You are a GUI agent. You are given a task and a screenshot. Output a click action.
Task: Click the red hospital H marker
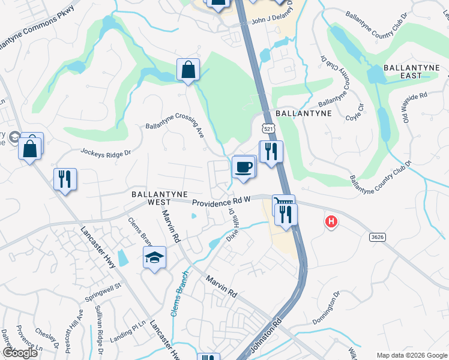[x=331, y=222]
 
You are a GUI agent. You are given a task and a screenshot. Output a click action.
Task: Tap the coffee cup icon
[x=244, y=167]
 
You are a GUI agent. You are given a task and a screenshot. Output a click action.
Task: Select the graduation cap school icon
[x=154, y=258]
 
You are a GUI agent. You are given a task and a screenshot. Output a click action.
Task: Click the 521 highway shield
[x=268, y=128]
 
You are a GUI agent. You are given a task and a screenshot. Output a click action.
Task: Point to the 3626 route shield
[x=377, y=237]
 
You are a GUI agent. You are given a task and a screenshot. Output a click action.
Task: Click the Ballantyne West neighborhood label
[x=154, y=198]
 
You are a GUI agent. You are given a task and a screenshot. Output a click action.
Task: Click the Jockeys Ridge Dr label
[x=105, y=152]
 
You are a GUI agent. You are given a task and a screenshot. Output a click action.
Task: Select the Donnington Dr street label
[x=327, y=305]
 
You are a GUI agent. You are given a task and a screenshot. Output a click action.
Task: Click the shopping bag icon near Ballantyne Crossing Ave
[x=188, y=70]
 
